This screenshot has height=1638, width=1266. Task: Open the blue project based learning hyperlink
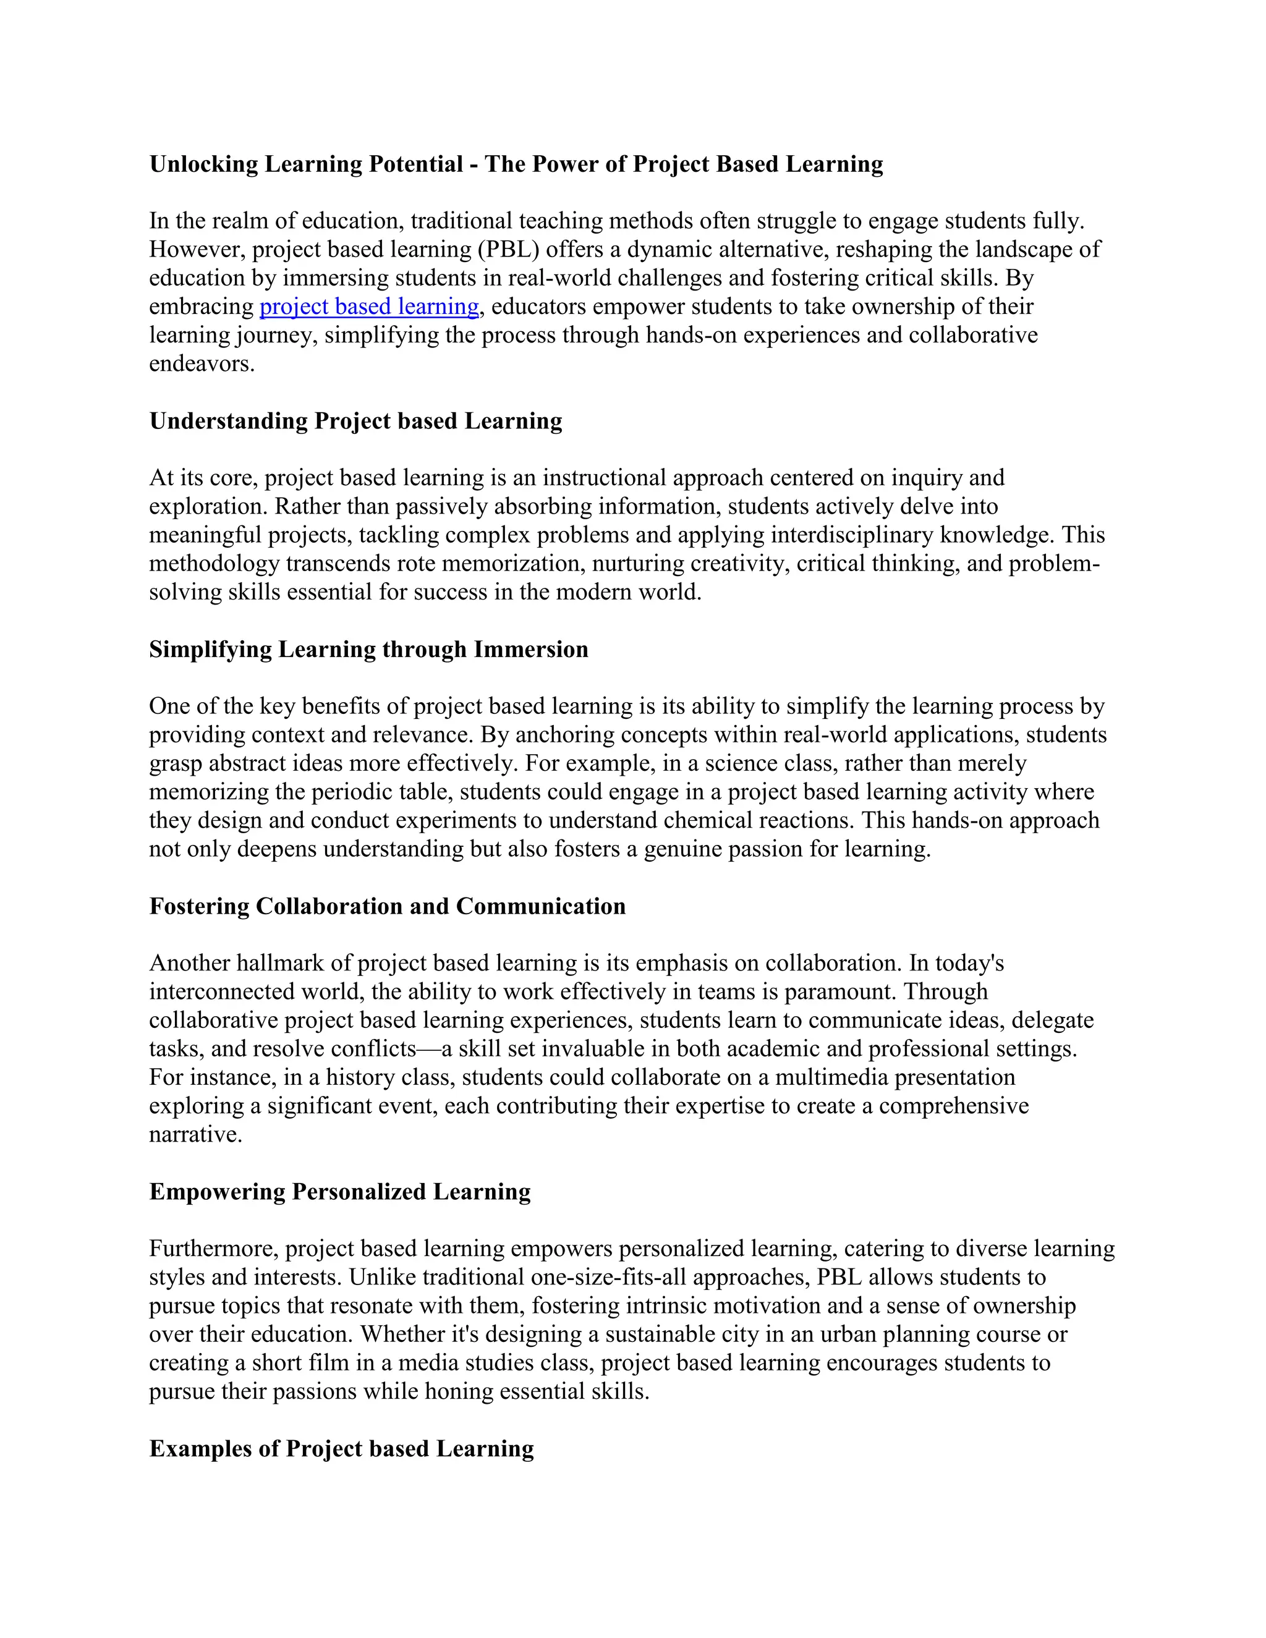(369, 307)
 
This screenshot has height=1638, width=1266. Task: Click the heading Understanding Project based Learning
(355, 422)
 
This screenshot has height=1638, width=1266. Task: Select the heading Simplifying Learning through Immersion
(368, 650)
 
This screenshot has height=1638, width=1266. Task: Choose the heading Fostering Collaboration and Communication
(387, 907)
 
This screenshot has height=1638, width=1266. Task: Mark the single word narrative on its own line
(195, 1135)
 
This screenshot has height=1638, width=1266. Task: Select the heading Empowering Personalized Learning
(340, 1192)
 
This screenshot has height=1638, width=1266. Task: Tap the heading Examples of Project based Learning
(341, 1449)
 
